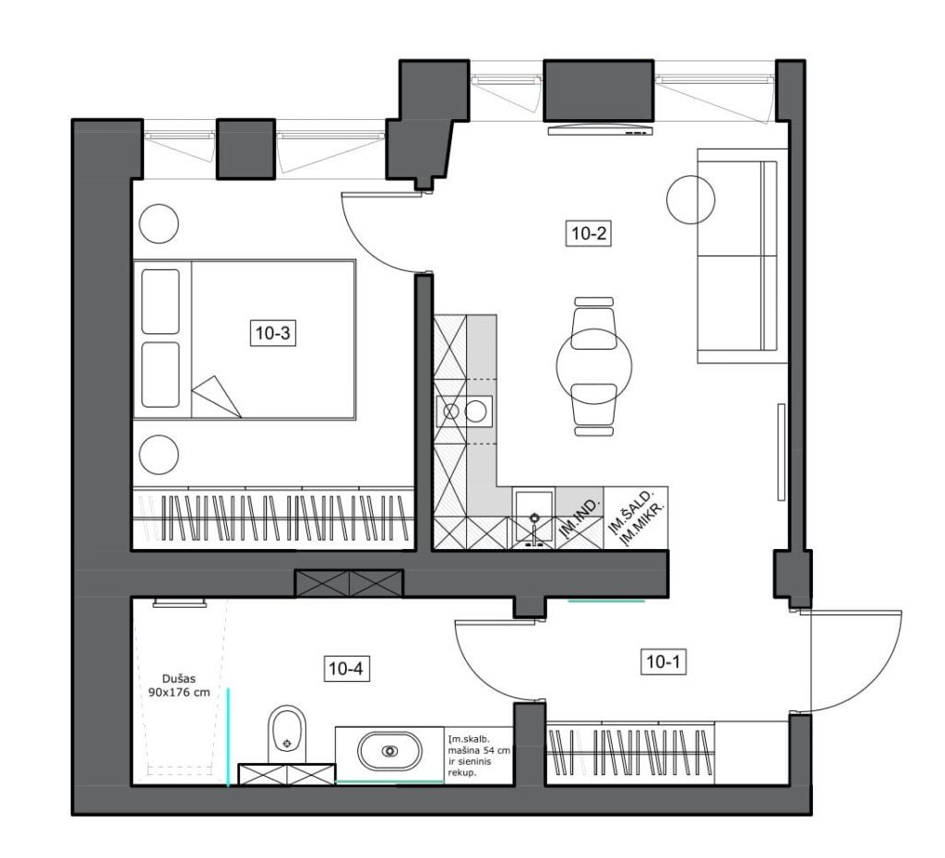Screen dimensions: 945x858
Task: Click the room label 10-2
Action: pyautogui.click(x=589, y=233)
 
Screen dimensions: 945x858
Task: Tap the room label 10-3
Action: pyautogui.click(x=273, y=333)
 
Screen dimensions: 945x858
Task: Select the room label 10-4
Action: pyautogui.click(x=347, y=668)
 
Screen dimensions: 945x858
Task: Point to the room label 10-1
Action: pyautogui.click(x=663, y=662)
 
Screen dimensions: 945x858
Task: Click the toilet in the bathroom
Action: pyautogui.click(x=287, y=733)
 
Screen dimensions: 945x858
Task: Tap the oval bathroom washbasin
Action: pyautogui.click(x=390, y=751)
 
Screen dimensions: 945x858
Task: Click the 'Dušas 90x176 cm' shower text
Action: pyautogui.click(x=179, y=685)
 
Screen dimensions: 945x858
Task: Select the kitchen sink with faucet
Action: pyautogui.click(x=534, y=519)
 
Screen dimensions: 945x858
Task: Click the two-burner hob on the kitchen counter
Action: pyautogui.click(x=464, y=411)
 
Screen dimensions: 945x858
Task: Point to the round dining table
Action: pyautogui.click(x=594, y=366)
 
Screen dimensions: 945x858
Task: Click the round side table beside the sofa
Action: pyautogui.click(x=690, y=200)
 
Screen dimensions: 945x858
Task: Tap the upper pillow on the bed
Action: pyautogui.click(x=161, y=302)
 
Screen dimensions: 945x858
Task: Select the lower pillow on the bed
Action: pyautogui.click(x=161, y=375)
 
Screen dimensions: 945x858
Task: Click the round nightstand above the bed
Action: pyautogui.click(x=159, y=223)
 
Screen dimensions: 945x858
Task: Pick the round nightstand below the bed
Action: pyautogui.click(x=159, y=455)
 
